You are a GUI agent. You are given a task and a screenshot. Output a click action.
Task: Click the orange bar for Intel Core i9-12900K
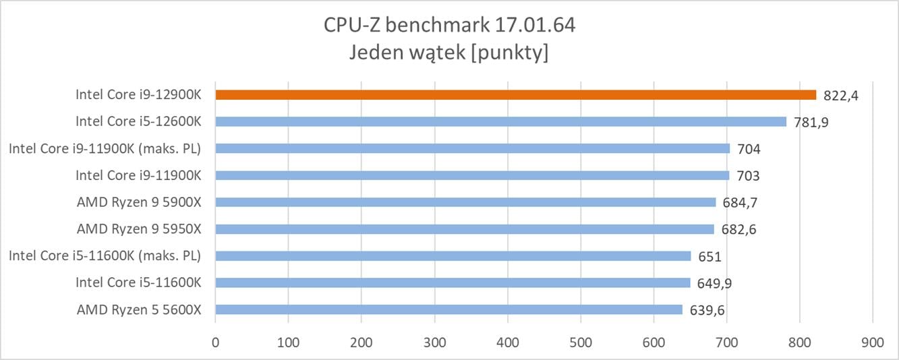click(x=516, y=95)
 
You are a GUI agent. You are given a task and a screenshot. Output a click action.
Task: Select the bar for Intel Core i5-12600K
click(x=501, y=122)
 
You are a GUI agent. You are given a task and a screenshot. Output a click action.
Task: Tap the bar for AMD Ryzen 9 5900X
click(x=465, y=202)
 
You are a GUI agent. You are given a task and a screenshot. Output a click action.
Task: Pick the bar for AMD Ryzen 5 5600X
click(x=449, y=309)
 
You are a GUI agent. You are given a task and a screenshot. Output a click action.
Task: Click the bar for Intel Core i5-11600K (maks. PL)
click(x=453, y=256)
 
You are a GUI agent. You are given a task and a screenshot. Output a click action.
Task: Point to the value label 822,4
click(x=840, y=96)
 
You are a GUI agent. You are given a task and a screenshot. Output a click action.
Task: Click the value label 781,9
click(x=812, y=122)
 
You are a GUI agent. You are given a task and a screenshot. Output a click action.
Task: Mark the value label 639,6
click(x=708, y=310)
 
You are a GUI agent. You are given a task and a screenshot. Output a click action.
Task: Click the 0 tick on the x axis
click(x=215, y=342)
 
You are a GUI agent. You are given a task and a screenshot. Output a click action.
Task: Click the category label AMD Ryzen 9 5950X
click(x=139, y=229)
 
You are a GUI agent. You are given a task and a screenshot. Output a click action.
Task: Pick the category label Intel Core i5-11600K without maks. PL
click(x=138, y=282)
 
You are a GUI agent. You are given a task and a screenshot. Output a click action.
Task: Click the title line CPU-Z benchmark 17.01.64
click(x=449, y=26)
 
